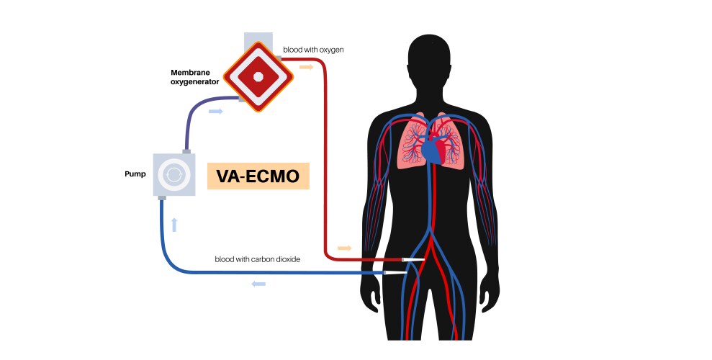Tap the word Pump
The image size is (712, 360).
(135, 174)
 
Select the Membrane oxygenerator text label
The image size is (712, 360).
(195, 77)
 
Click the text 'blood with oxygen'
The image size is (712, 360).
(313, 50)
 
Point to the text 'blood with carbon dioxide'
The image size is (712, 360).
(257, 258)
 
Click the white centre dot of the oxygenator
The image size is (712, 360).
(258, 76)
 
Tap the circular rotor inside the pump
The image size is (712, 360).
(174, 174)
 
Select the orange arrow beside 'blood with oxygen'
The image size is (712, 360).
(307, 66)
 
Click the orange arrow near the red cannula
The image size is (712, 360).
(345, 248)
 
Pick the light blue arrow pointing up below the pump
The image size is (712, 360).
(174, 224)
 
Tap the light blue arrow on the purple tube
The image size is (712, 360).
(215, 112)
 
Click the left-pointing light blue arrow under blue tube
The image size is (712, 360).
(258, 284)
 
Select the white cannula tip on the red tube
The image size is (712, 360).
(415, 258)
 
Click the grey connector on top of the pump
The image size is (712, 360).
(186, 151)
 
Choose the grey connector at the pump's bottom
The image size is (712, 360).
(162, 198)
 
